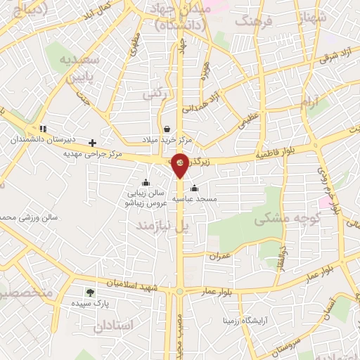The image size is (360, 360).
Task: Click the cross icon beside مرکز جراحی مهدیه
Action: (x=92, y=142)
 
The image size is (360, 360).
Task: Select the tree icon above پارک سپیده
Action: (x=89, y=292)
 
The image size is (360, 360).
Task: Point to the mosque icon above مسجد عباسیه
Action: (x=194, y=188)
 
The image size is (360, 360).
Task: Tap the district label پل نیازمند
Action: (x=163, y=225)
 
